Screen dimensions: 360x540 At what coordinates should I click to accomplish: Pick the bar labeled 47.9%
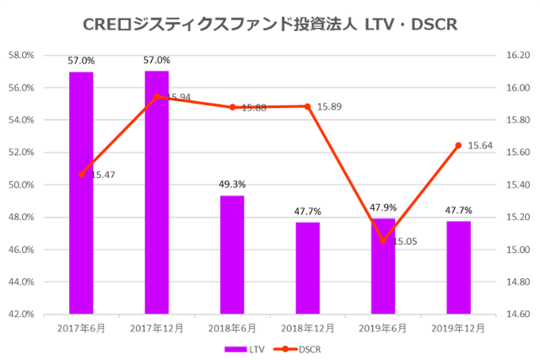tap(383, 266)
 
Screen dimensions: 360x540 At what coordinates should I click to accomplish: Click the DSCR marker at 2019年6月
tap(383, 240)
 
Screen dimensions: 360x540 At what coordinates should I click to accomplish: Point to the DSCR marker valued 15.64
tap(458, 145)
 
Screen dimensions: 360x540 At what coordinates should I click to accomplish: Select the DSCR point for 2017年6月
tap(82, 175)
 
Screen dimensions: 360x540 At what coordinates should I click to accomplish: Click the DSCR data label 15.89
tap(329, 107)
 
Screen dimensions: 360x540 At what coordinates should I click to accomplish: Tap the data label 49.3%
tap(232, 185)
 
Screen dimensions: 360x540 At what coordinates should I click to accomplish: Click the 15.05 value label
tap(406, 241)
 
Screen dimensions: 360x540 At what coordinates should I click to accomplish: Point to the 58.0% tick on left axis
tap(21, 56)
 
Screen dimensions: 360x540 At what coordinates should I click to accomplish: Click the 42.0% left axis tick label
tap(21, 314)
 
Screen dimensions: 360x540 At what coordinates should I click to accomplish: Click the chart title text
tap(270, 24)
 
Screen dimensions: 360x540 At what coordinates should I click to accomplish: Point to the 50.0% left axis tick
tap(21, 185)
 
